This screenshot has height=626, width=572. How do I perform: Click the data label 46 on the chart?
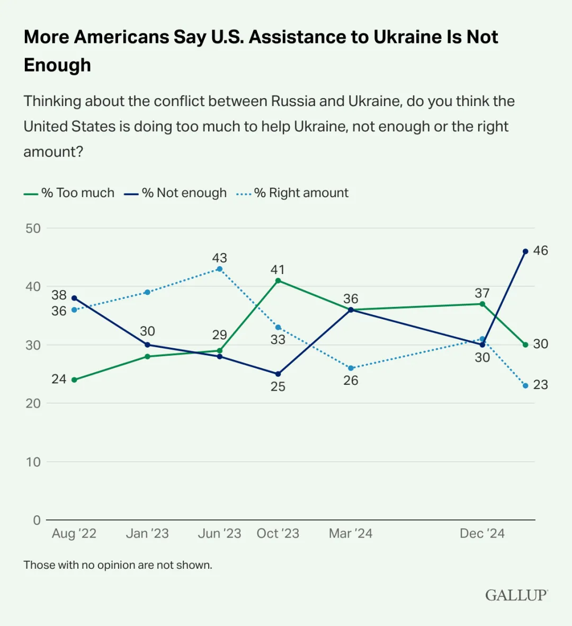point(540,251)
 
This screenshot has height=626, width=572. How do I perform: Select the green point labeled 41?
point(278,280)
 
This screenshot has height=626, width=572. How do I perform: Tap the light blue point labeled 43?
point(220,269)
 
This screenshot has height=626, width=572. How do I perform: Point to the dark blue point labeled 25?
point(278,374)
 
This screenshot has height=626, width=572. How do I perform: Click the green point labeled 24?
point(74,380)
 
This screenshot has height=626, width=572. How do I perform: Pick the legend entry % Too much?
point(69,193)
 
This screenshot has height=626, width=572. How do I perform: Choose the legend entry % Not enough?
point(176,193)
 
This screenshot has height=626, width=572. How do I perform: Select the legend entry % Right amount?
point(293,193)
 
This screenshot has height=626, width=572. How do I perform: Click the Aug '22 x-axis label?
point(74,533)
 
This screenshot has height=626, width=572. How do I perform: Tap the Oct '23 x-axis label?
point(278,533)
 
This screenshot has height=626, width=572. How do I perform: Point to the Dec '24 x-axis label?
point(482,533)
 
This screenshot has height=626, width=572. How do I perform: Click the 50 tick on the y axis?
point(33,228)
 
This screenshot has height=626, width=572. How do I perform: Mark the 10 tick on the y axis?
point(33,462)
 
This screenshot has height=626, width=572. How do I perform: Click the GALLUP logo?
point(516,595)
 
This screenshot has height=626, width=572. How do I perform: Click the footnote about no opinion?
point(118,565)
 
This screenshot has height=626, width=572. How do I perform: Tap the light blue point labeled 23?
point(525,385)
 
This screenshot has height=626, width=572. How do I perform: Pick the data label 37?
point(482,293)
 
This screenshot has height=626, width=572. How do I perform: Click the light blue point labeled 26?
point(351,368)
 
